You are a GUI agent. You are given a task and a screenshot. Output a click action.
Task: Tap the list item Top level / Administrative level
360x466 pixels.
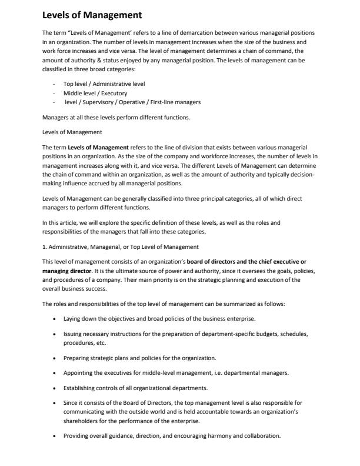100,84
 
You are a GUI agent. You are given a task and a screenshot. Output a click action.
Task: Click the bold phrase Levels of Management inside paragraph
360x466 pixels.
98,147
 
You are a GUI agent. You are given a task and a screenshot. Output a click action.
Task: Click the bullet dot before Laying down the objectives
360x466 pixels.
54,318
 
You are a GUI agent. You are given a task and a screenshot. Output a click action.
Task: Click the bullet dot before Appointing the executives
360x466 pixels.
54,373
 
